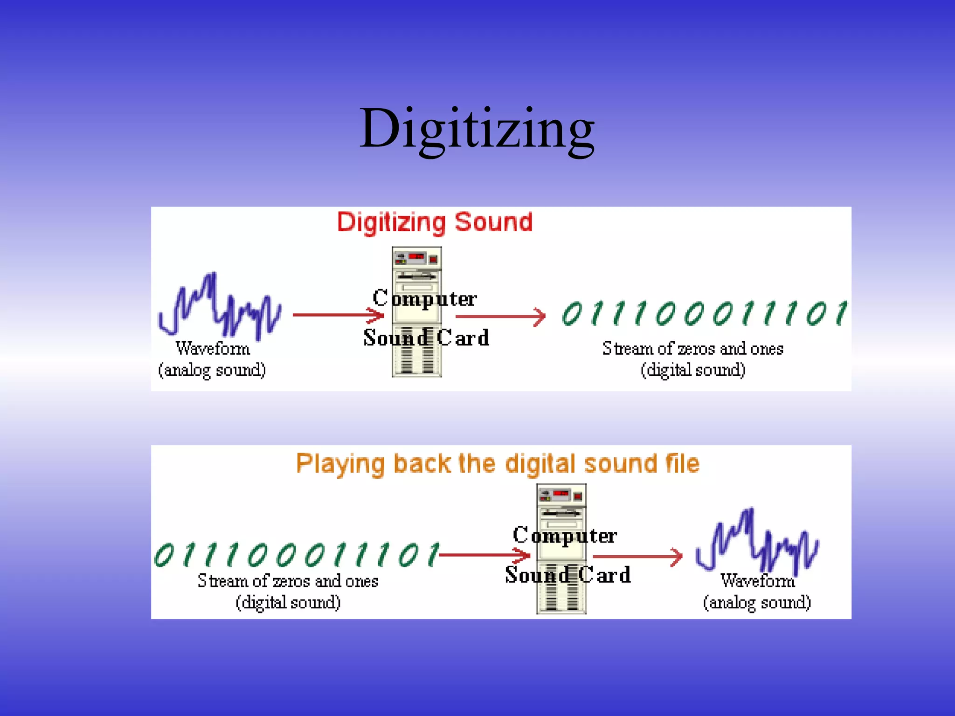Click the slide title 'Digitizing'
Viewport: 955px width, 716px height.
[477, 128]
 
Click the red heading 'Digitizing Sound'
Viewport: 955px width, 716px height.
[435, 222]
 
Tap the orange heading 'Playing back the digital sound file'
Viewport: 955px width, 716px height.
[498, 464]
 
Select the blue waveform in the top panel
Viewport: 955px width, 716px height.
[219, 305]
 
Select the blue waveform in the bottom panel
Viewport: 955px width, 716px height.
[757, 541]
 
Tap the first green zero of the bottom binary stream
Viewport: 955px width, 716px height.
[164, 555]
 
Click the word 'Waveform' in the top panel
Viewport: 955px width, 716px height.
[213, 348]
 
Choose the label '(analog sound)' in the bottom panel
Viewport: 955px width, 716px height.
[757, 602]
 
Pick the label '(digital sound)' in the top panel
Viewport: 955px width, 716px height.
[693, 370]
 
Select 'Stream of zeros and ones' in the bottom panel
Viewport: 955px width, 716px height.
[288, 581]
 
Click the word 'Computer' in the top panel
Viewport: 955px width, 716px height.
[424, 298]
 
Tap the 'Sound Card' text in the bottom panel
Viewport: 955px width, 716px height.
[567, 575]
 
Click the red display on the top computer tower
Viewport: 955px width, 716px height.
[416, 256]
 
